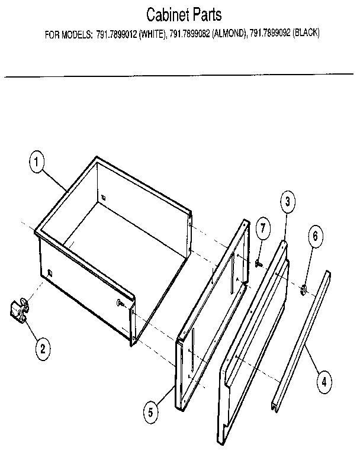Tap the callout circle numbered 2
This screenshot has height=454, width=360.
tap(41, 349)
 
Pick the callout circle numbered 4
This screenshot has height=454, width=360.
tap(323, 382)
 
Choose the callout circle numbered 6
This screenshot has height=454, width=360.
tap(315, 236)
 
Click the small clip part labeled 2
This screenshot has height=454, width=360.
tap(19, 310)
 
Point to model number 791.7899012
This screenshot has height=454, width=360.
tap(115, 34)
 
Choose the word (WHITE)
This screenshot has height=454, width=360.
tap(152, 34)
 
